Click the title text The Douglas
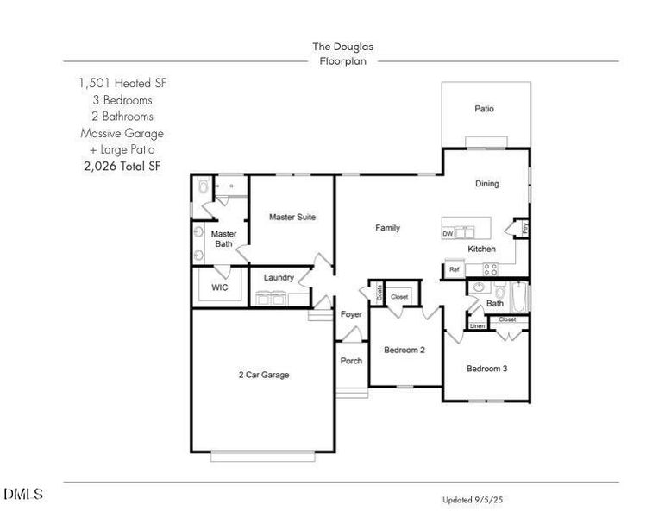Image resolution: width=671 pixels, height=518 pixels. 342,47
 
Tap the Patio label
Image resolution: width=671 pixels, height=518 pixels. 485,109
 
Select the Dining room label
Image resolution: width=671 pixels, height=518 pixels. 487,183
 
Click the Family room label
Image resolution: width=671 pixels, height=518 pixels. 387,228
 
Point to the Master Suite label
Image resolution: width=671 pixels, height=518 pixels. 292,217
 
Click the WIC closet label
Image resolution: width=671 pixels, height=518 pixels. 220,287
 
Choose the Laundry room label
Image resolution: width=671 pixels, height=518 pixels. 279,278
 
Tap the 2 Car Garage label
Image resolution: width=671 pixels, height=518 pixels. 263,375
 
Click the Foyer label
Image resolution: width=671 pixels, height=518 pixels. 351,315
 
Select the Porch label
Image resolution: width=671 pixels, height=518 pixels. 351,361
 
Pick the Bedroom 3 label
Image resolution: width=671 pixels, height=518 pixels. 486,369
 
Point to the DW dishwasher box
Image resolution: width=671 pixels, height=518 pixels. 448,234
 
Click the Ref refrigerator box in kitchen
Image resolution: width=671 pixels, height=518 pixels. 454,270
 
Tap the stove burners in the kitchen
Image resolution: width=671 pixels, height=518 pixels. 489,269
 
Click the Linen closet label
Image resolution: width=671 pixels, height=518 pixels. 477,326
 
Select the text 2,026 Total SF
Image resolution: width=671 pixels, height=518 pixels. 122,166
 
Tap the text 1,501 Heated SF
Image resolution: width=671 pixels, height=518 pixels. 122,84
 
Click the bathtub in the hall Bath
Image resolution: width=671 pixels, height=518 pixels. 520,298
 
